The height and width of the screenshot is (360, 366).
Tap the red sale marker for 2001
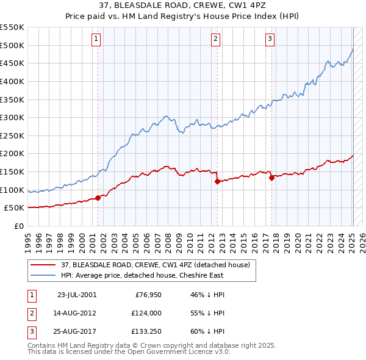(98, 198)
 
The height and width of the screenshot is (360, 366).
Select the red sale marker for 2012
(217, 181)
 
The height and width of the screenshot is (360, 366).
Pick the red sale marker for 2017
(271, 178)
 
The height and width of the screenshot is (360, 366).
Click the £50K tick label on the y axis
(14, 208)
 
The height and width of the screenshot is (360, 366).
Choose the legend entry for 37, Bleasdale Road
(155, 265)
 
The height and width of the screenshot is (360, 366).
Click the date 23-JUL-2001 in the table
(76, 295)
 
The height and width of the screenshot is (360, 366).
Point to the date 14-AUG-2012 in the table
(76, 313)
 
